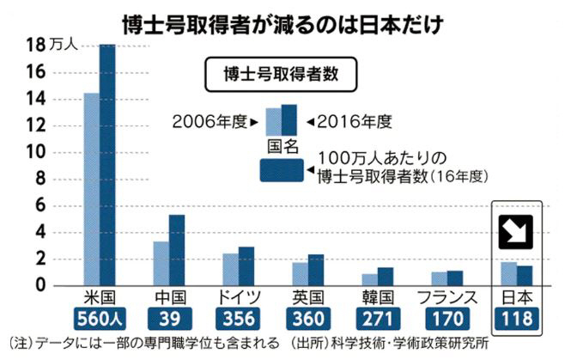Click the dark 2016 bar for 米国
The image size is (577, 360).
pyautogui.click(x=106, y=163)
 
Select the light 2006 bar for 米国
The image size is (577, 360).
pyautogui.click(x=90, y=189)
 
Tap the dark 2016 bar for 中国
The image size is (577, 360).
pyautogui.click(x=176, y=250)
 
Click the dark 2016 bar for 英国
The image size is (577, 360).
pyautogui.click(x=316, y=270)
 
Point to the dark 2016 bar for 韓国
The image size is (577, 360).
pyautogui.click(x=386, y=276)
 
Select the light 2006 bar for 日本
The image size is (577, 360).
pyautogui.click(x=508, y=273)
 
